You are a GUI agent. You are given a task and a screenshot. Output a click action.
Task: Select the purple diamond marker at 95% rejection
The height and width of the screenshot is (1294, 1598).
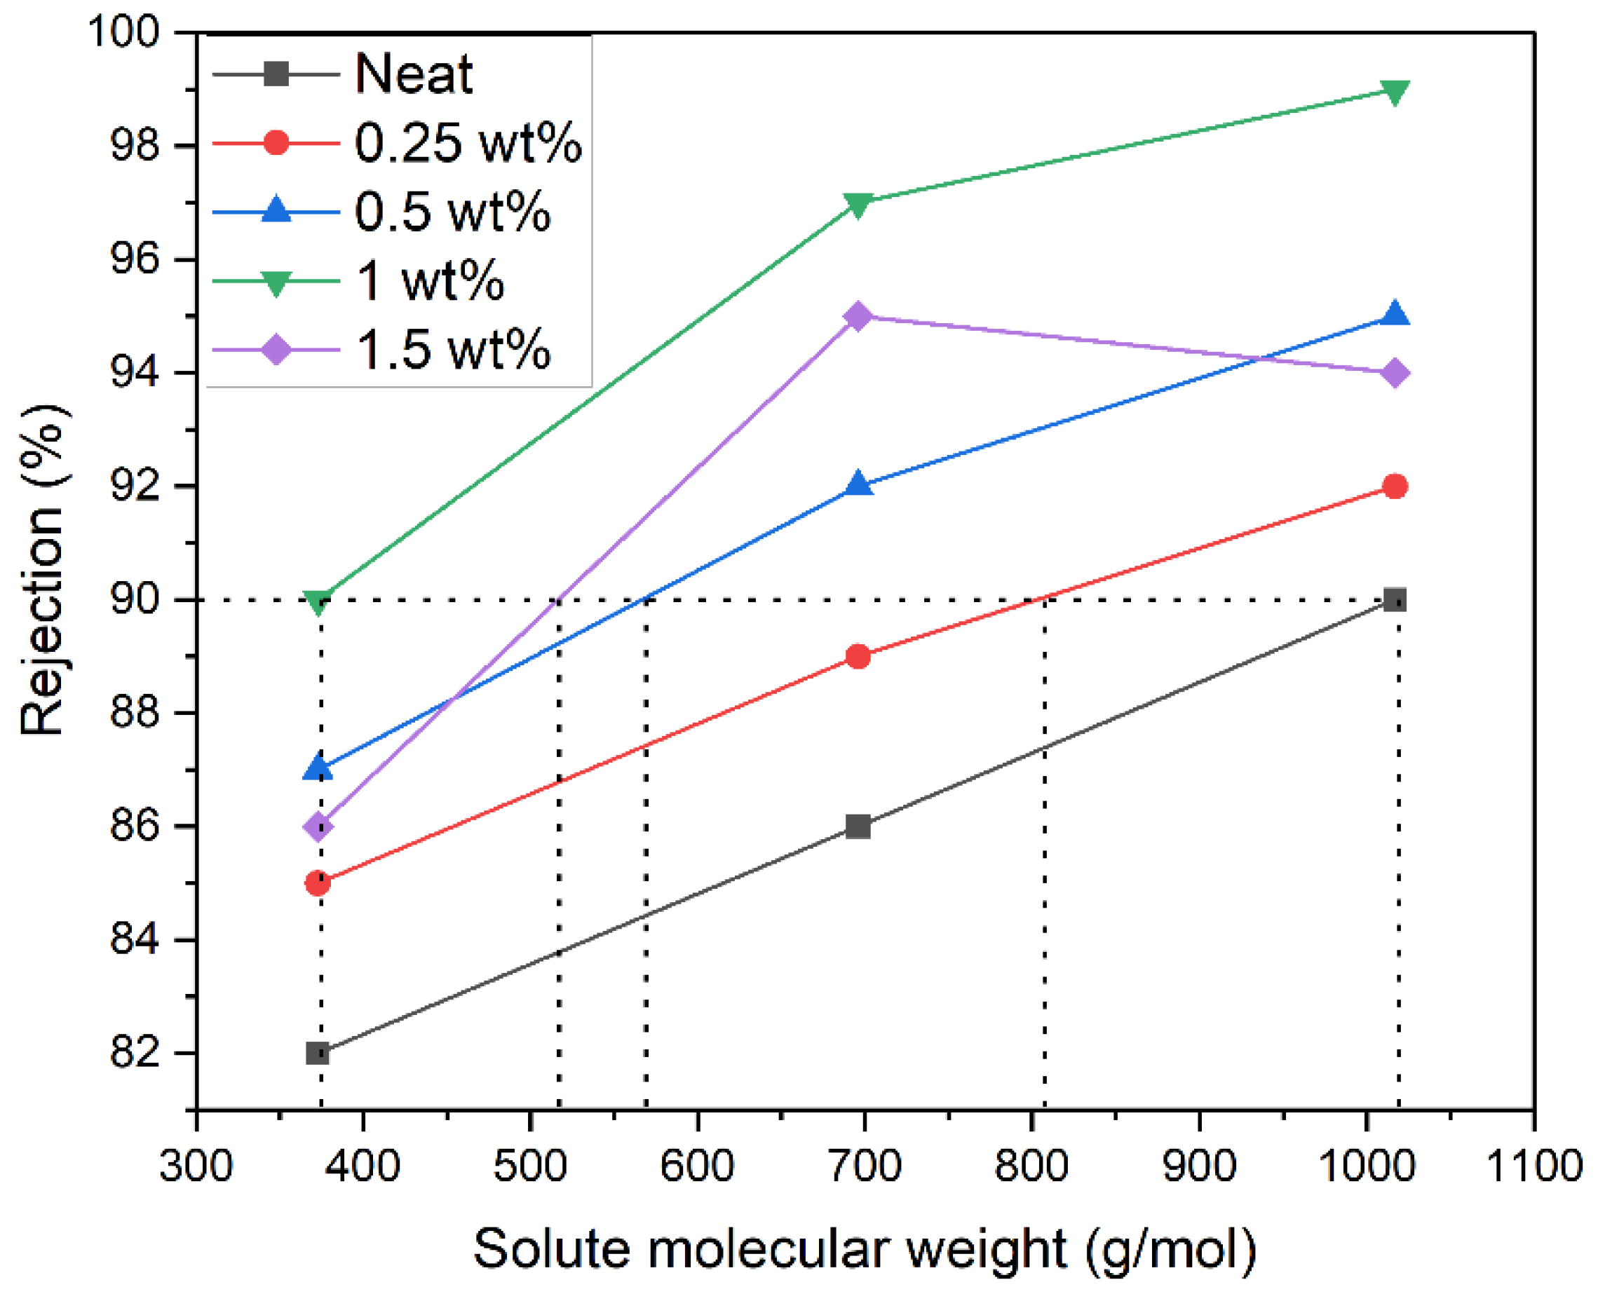[x=858, y=316]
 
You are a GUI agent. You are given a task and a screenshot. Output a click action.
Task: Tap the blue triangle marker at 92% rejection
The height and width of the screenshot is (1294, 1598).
[x=858, y=484]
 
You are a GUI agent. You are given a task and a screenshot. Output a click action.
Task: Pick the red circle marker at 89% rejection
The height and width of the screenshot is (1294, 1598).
[x=858, y=656]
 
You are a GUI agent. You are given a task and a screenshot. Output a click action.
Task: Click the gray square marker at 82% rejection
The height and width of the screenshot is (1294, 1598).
[x=318, y=1054]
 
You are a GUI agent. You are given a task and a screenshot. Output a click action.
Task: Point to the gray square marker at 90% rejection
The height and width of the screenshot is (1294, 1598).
[x=1395, y=599]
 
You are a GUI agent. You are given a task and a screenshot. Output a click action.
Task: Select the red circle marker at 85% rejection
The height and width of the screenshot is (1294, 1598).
[x=318, y=883]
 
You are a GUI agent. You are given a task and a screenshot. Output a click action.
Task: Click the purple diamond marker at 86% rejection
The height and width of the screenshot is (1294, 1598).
[x=318, y=826]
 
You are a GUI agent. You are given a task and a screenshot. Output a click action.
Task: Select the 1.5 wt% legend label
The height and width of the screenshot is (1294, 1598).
[x=453, y=349]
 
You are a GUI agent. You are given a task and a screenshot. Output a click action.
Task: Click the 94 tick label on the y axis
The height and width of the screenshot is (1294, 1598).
[x=135, y=373]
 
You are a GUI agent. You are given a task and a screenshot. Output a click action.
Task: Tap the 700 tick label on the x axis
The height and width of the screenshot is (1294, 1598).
[x=865, y=1165]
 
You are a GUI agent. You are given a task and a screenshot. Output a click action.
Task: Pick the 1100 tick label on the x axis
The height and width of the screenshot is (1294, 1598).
[x=1533, y=1165]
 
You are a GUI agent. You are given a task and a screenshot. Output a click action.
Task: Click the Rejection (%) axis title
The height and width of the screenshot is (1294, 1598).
[x=43, y=570]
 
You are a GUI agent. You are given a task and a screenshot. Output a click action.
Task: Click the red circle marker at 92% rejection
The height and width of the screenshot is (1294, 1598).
[x=1395, y=486]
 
